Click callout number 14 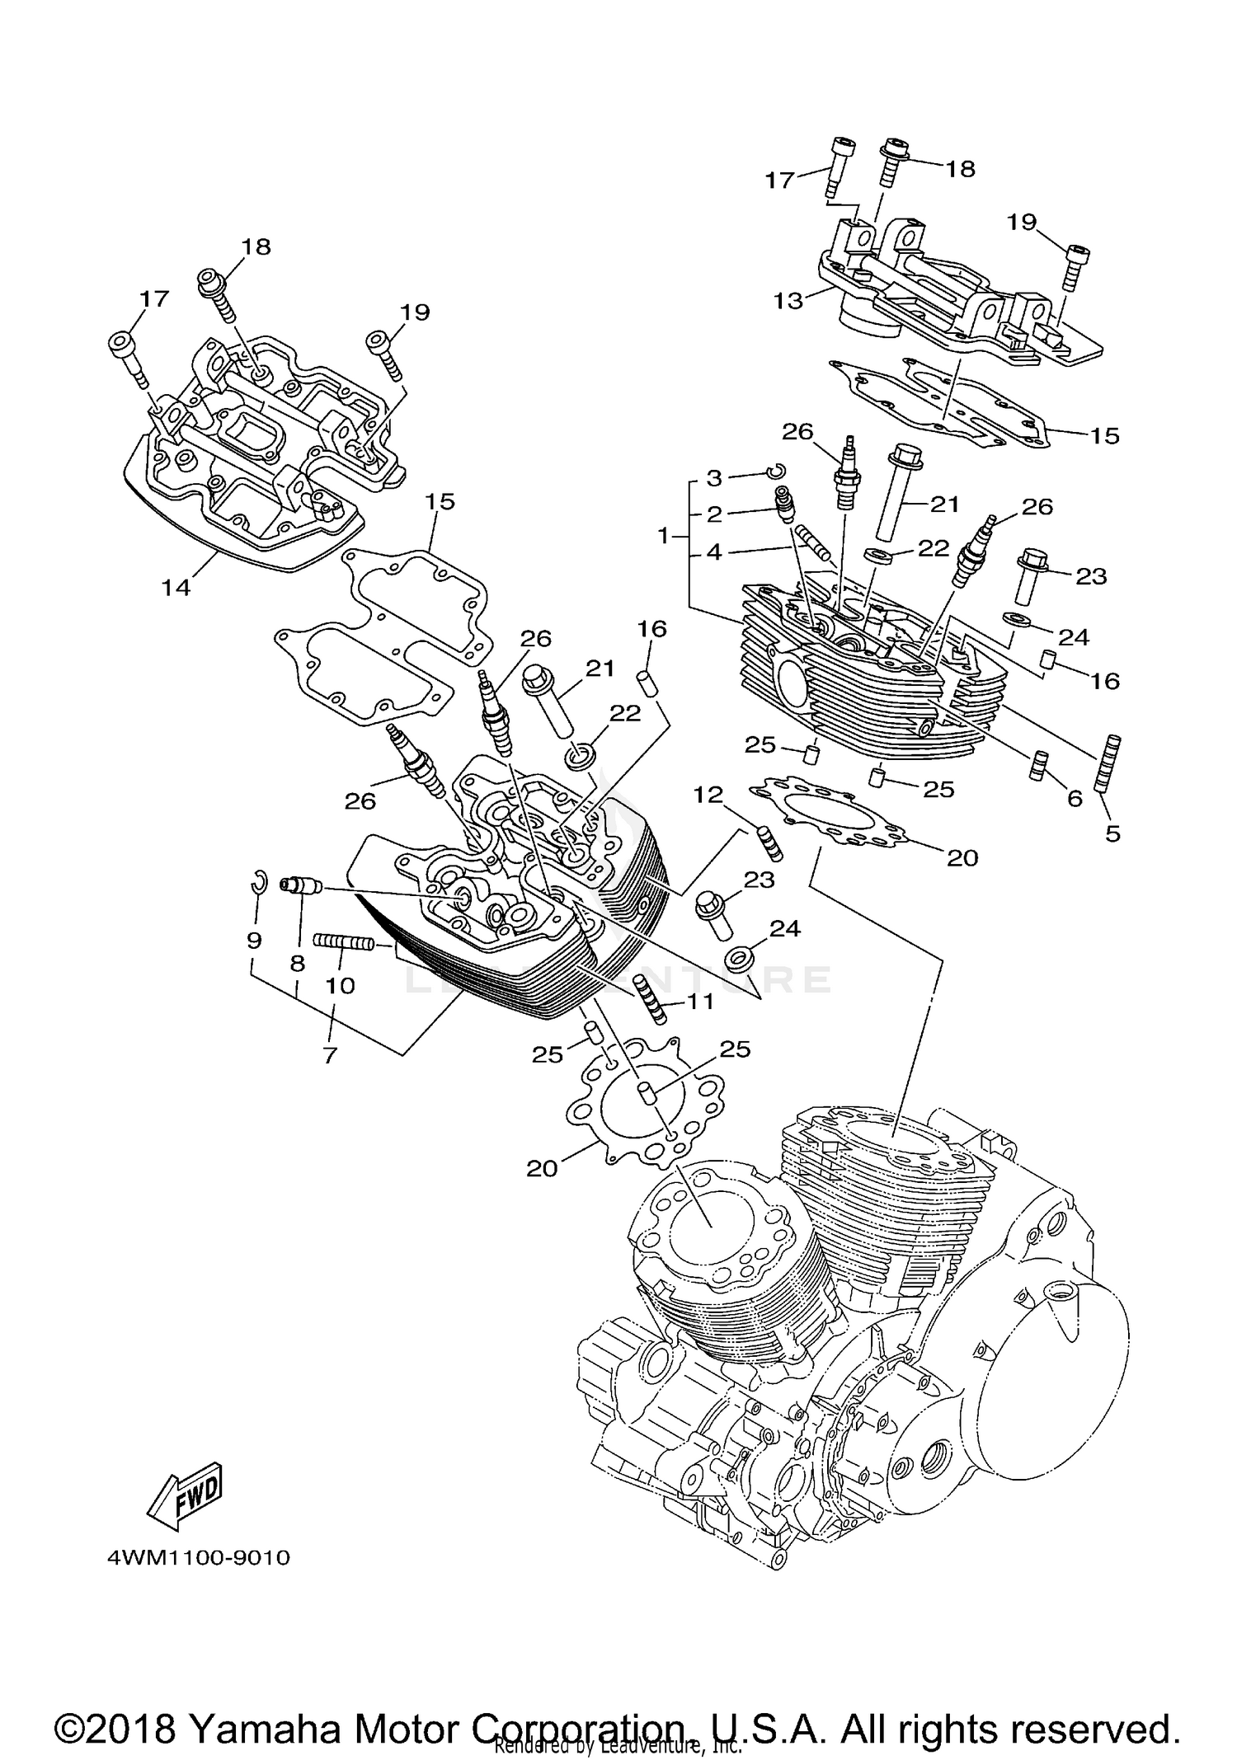176,587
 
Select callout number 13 788,301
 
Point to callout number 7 331,1054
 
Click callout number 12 708,795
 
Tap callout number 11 700,1002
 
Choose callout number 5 1112,833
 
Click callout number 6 1075,798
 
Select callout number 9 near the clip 254,940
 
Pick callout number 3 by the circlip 714,478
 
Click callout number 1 663,537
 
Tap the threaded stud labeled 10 343,941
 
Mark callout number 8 297,962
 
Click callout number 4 714,552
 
